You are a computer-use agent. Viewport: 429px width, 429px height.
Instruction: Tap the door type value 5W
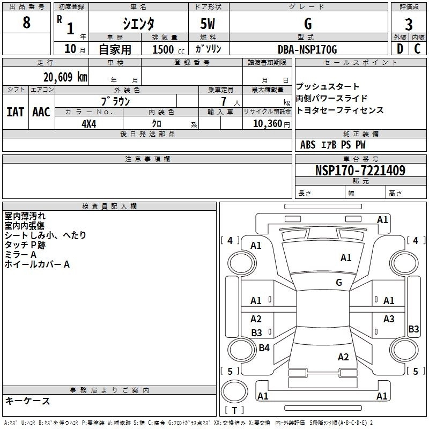pos(208,25)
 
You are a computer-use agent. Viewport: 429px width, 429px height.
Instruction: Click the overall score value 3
pos(409,25)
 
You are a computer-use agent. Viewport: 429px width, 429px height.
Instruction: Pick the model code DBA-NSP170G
pos(307,49)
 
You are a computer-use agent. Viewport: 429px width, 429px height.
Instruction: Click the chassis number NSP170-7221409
pos(360,171)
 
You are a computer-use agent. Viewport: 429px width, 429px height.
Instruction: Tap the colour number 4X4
pos(90,123)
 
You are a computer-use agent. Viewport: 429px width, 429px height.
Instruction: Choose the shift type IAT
pos(16,112)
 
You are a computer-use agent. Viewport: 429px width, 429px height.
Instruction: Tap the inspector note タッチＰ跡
pos(25,245)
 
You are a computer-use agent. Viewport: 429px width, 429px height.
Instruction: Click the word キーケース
pos(27,401)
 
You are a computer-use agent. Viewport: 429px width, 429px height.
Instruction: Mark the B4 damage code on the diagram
pos(264,348)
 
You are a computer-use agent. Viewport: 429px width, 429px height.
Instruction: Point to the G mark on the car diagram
pos(339,283)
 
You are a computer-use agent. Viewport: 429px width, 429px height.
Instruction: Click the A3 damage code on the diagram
pos(389,319)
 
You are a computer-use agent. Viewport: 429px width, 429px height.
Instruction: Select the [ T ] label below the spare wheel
pos(235,411)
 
